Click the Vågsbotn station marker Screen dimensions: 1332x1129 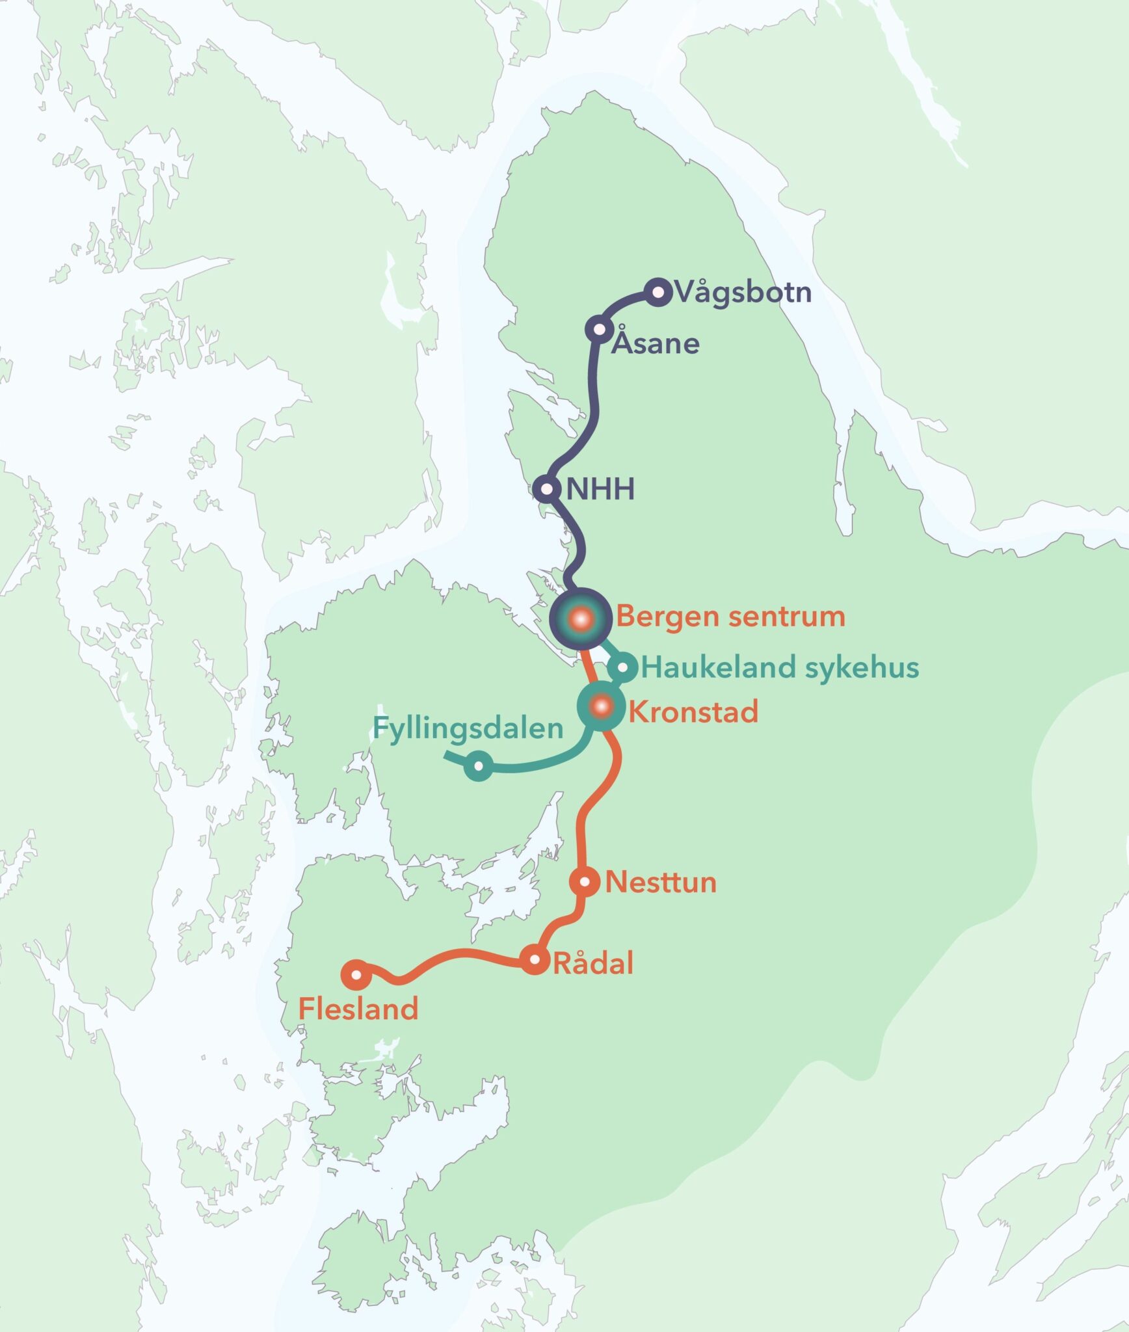tap(657, 292)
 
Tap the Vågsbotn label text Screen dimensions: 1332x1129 tap(743, 293)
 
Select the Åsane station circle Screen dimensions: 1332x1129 tap(598, 329)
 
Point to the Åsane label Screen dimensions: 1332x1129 tap(656, 344)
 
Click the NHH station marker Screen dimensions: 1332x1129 tap(547, 488)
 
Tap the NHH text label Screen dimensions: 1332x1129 tap(600, 489)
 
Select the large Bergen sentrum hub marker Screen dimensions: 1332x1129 tap(581, 619)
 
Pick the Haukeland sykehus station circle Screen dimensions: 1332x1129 tap(622, 667)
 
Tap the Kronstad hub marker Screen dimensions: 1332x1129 tap(602, 706)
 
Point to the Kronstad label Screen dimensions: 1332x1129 tap(693, 712)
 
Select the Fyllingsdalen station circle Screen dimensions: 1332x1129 tap(479, 766)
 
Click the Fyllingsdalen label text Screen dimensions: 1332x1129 tap(468, 728)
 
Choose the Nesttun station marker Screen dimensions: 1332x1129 tap(585, 882)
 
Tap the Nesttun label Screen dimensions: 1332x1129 tap(661, 883)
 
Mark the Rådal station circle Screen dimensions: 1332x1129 tap(535, 959)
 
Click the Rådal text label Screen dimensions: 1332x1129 tap(592, 963)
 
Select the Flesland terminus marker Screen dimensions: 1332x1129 tap(356, 974)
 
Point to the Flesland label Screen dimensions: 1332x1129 tap(358, 1009)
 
